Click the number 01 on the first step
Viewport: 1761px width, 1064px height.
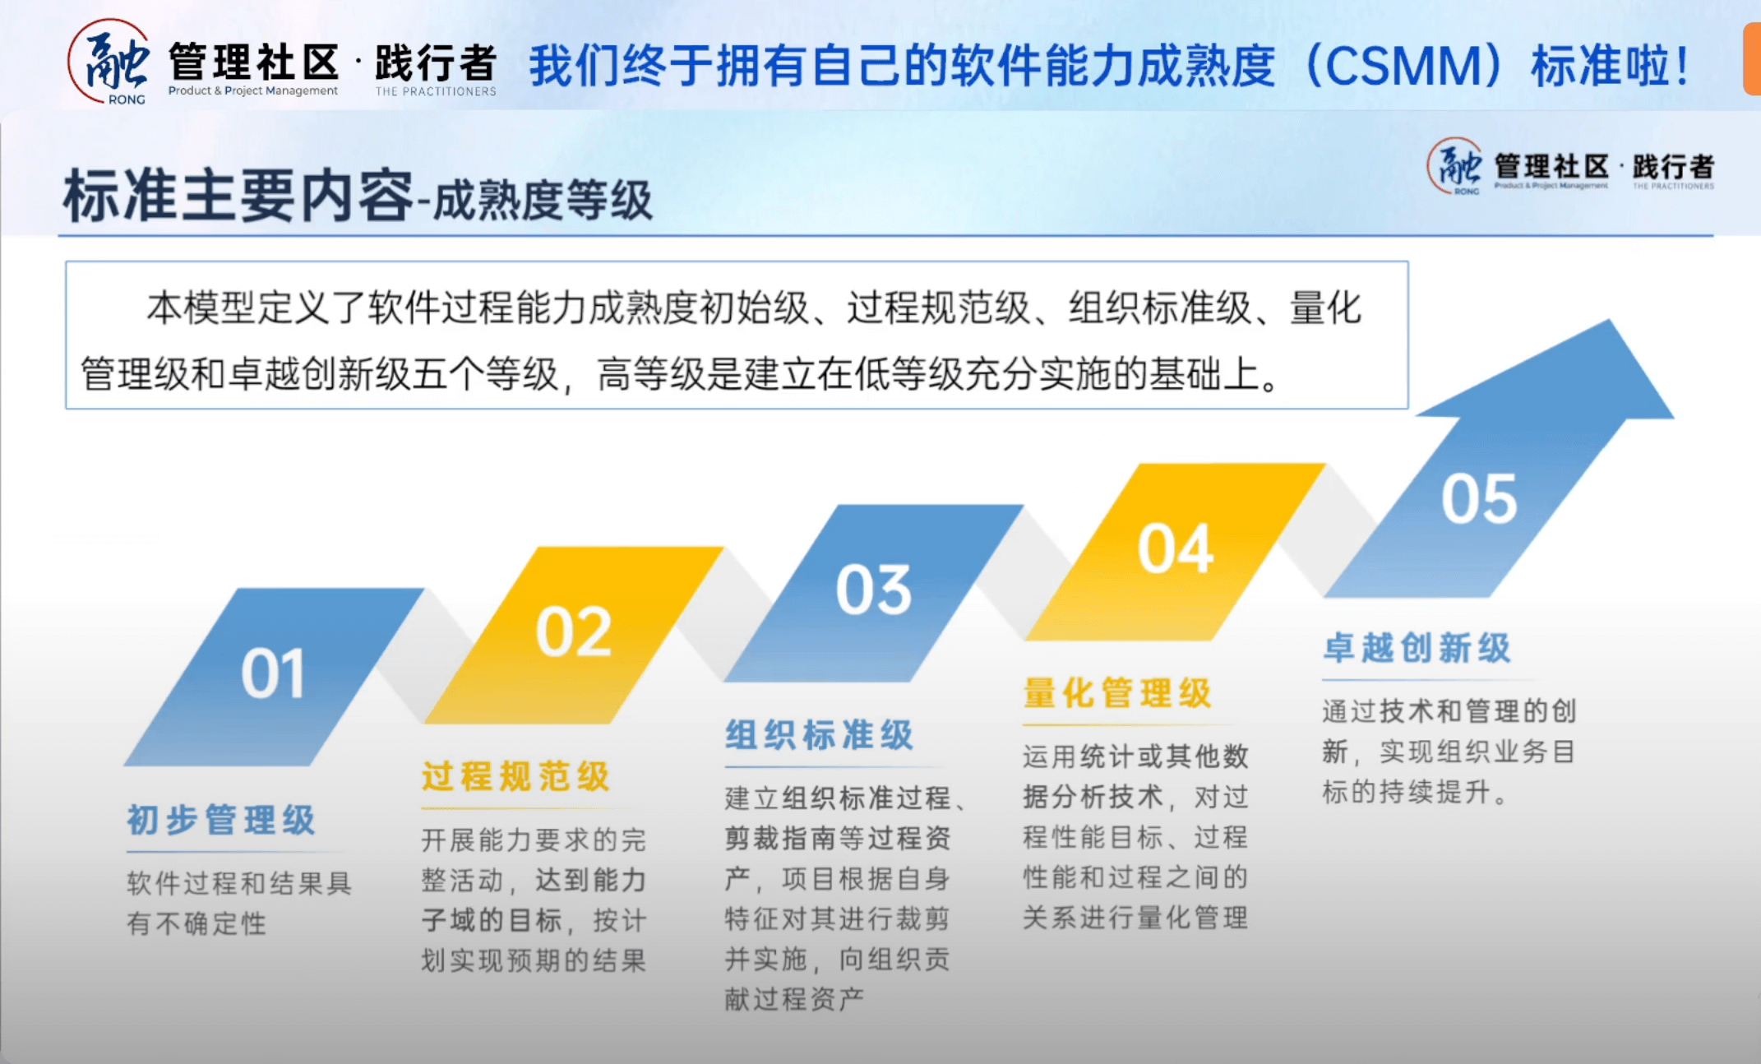(x=273, y=673)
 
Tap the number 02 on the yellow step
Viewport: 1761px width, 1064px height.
(x=574, y=631)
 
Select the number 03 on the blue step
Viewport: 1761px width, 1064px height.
(x=874, y=590)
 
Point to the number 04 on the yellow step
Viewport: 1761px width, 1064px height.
(x=1176, y=548)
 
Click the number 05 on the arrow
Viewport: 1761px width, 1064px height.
(x=1479, y=498)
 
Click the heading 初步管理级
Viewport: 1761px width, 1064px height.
(x=221, y=820)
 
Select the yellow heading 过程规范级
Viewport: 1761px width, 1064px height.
(x=515, y=776)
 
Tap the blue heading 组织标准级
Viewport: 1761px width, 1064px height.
(x=819, y=734)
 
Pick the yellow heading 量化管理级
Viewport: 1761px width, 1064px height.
(x=1117, y=692)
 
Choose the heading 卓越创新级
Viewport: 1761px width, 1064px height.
(x=1417, y=647)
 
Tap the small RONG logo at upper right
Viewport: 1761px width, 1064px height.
(x=1455, y=167)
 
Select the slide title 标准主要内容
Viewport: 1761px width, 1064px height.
(x=238, y=196)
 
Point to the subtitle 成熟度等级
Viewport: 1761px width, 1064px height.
(x=543, y=200)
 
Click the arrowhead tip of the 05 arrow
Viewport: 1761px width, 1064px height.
(x=1609, y=320)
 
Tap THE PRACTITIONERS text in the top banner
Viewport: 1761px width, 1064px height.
(x=436, y=91)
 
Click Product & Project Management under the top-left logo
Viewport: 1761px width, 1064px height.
(x=253, y=90)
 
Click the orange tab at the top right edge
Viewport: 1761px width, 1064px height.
(x=1752, y=59)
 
